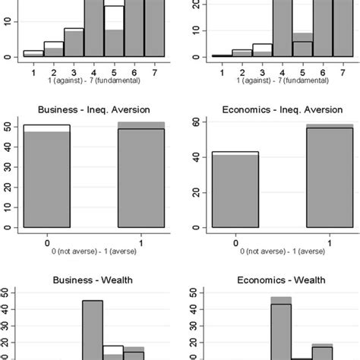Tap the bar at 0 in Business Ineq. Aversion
pyautogui.click(x=47, y=178)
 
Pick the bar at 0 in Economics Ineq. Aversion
pyautogui.click(x=235, y=190)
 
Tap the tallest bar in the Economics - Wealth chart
pyautogui.click(x=281, y=327)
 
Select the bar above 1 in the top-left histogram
pyautogui.click(x=33, y=54)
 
